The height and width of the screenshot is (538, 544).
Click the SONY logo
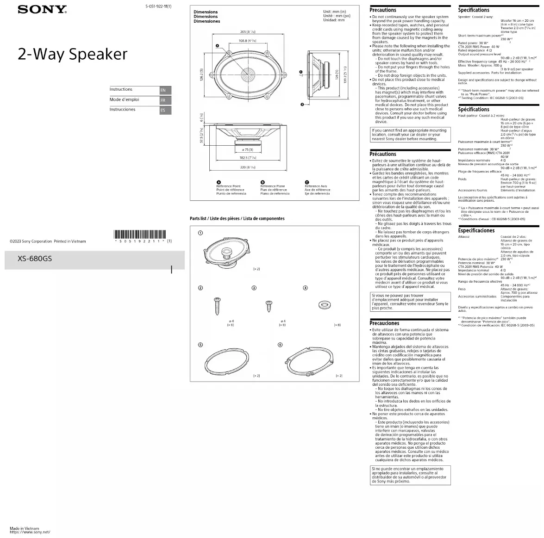click(42, 9)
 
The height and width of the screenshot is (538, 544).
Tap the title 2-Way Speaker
click(72, 55)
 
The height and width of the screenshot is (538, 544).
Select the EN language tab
click(165, 90)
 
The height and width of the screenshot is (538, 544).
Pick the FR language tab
click(165, 100)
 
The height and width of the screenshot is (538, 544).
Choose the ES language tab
click(165, 111)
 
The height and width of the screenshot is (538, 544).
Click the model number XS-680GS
click(35, 259)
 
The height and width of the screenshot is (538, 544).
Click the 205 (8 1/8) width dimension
click(248, 31)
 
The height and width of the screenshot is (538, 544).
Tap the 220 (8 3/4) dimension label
click(248, 167)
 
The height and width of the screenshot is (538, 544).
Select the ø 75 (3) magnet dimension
click(247, 150)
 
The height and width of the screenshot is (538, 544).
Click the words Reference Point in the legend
click(228, 186)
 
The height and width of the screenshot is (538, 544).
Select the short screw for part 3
click(268, 306)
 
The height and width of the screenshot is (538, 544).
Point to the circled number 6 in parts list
click(280, 345)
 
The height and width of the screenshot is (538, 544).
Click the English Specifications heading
click(474, 10)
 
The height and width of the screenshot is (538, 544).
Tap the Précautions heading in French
click(383, 154)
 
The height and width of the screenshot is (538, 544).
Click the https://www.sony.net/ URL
click(30, 532)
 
